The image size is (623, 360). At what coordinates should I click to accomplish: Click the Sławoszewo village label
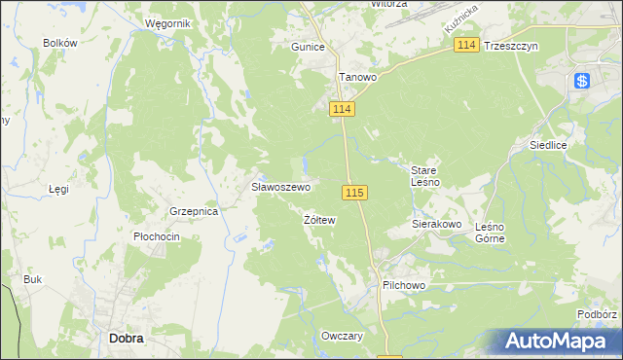[x=280, y=187]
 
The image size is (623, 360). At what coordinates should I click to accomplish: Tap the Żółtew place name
[x=319, y=221]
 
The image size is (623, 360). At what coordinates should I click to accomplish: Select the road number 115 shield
[x=354, y=193]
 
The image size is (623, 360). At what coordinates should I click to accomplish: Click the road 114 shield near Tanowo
[x=341, y=110]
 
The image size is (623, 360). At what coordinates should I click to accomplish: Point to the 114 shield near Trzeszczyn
[x=467, y=46]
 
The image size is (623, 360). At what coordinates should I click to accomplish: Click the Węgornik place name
[x=165, y=22]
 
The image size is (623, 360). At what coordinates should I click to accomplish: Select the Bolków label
[x=60, y=43]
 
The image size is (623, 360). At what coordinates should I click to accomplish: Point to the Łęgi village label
[x=59, y=189]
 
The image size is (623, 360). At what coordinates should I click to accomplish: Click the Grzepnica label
[x=192, y=210]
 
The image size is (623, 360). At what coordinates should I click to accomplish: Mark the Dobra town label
[x=127, y=339]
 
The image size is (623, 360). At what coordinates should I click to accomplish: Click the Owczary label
[x=342, y=336]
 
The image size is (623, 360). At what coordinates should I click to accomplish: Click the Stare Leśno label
[x=425, y=175]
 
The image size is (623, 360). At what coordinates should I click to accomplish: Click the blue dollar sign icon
[x=582, y=82]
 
